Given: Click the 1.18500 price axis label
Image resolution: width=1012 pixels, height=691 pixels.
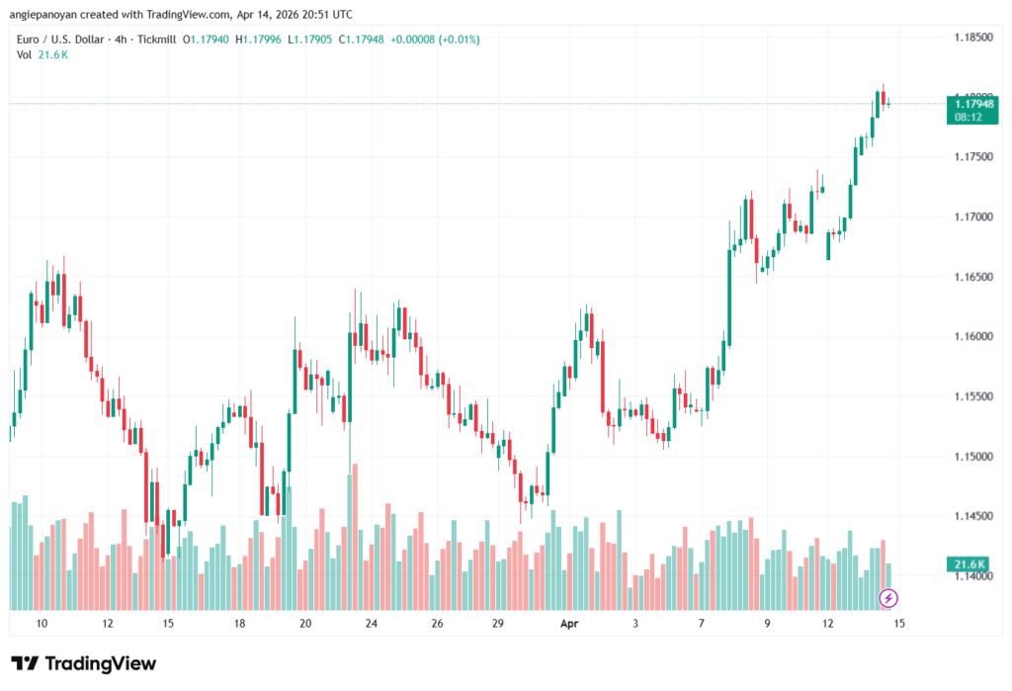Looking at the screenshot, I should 973,38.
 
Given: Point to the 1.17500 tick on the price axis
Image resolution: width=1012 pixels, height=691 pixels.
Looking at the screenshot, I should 973,157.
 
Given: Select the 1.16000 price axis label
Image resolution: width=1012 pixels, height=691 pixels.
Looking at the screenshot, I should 973,337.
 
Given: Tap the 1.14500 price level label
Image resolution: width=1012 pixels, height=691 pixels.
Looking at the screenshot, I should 973,516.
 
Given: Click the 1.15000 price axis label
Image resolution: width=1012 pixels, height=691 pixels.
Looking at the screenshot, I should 973,457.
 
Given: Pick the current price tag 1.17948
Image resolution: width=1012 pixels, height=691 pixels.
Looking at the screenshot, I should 970,103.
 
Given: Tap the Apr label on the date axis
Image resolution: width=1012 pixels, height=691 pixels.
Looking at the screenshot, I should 568,624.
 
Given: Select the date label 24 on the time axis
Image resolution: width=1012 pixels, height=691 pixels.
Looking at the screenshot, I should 371,624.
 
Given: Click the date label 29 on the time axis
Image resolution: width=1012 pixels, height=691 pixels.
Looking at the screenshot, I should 500,624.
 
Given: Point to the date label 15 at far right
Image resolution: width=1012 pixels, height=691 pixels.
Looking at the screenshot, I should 898,624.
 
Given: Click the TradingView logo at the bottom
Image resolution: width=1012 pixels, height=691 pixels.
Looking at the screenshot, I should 84,663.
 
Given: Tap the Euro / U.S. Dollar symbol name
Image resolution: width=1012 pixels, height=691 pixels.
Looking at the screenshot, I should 58,39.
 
